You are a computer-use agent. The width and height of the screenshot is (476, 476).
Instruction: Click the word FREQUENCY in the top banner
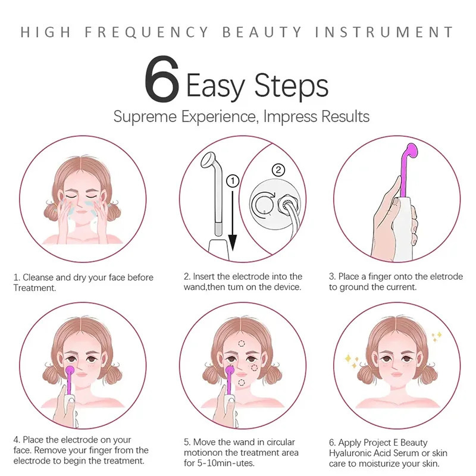(x=146, y=32)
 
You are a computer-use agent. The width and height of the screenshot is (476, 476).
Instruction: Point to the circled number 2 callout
(x=278, y=170)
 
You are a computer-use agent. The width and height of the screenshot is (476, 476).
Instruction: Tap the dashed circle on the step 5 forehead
(x=242, y=343)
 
